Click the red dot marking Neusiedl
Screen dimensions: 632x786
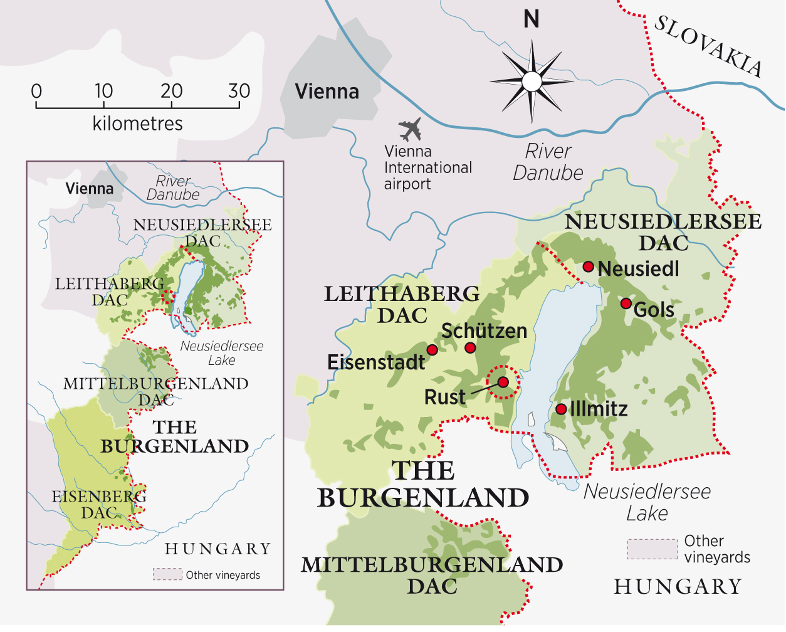588,266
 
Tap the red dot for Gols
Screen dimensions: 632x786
626,303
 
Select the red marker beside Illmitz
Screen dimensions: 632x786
561,409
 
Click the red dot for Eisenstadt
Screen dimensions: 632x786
432,349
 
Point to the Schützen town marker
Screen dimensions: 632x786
470,348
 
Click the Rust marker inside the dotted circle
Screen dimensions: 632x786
503,382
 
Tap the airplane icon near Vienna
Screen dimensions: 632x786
410,129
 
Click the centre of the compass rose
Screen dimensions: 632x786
532,82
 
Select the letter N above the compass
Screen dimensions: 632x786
532,19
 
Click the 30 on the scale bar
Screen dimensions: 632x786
239,92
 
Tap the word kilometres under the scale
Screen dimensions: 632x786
137,124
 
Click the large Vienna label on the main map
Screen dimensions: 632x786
327,92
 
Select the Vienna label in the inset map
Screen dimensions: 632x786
90,189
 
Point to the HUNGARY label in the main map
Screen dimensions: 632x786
678,587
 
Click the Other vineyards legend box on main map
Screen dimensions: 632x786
652,549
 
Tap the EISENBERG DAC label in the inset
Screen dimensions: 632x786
99,504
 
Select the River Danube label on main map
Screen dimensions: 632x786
548,162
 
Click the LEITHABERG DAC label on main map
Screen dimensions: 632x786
402,304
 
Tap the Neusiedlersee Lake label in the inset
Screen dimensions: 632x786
221,353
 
